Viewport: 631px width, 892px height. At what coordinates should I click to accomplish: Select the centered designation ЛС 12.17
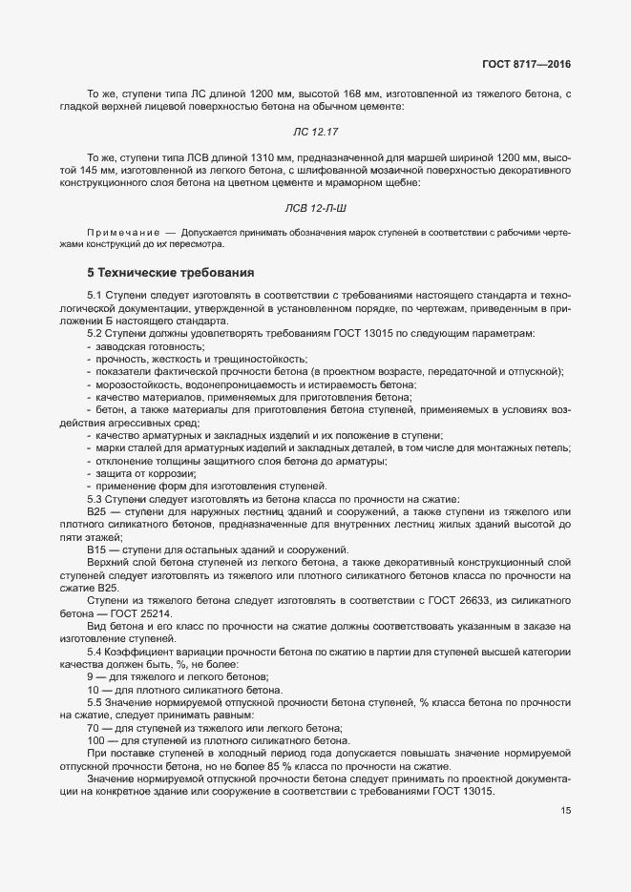[x=316, y=130]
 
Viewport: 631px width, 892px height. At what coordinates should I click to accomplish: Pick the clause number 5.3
[x=95, y=499]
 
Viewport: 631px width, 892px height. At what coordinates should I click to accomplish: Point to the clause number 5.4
[x=95, y=651]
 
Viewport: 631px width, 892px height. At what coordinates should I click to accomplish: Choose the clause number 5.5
[x=95, y=702]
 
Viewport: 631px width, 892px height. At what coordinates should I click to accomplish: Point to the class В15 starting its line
[x=95, y=549]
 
